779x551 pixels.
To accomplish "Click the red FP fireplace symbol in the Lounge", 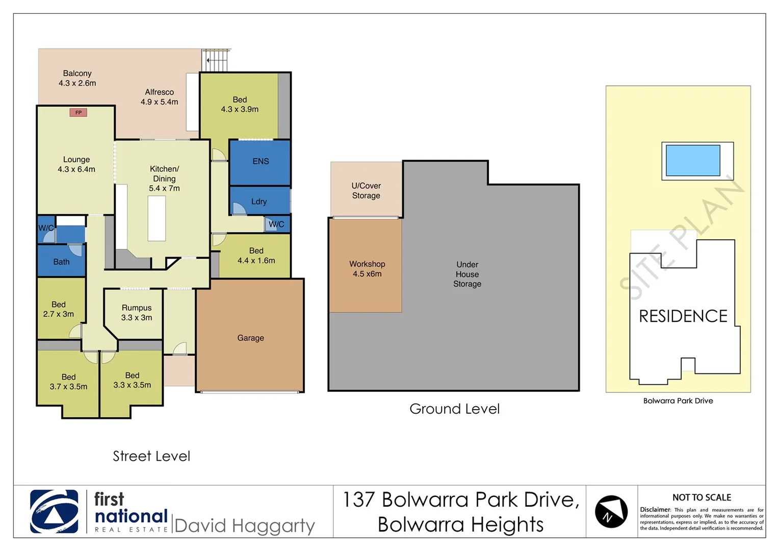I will (x=78, y=112).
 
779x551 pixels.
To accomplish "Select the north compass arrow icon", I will (x=611, y=511).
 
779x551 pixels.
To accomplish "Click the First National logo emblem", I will (x=54, y=511).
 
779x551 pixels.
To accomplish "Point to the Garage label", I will (x=250, y=338).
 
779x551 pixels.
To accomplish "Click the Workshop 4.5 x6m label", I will (x=367, y=269).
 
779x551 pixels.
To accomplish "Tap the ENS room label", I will (x=261, y=161).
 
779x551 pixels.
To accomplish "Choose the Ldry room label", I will (x=259, y=202).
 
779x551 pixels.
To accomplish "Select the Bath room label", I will (x=61, y=262).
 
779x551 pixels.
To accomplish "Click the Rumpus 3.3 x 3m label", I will (x=137, y=313).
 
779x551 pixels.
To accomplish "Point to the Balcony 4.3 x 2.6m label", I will (x=77, y=78).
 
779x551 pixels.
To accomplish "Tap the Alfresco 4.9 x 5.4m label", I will (x=159, y=97).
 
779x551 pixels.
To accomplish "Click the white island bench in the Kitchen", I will (x=157, y=218).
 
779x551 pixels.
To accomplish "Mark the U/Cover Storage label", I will (x=366, y=191).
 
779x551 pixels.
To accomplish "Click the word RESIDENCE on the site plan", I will (x=683, y=316).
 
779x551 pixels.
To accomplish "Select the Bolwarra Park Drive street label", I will (x=678, y=401).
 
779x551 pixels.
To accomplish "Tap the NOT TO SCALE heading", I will (x=702, y=497).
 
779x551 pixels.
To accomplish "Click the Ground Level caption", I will (x=454, y=409).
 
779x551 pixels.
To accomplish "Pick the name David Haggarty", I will (x=244, y=525).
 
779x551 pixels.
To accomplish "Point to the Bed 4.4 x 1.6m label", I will (x=256, y=256).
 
